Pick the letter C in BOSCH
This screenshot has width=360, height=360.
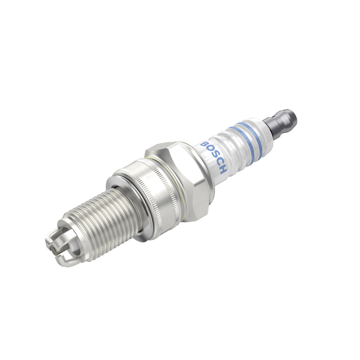tap(218, 163)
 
